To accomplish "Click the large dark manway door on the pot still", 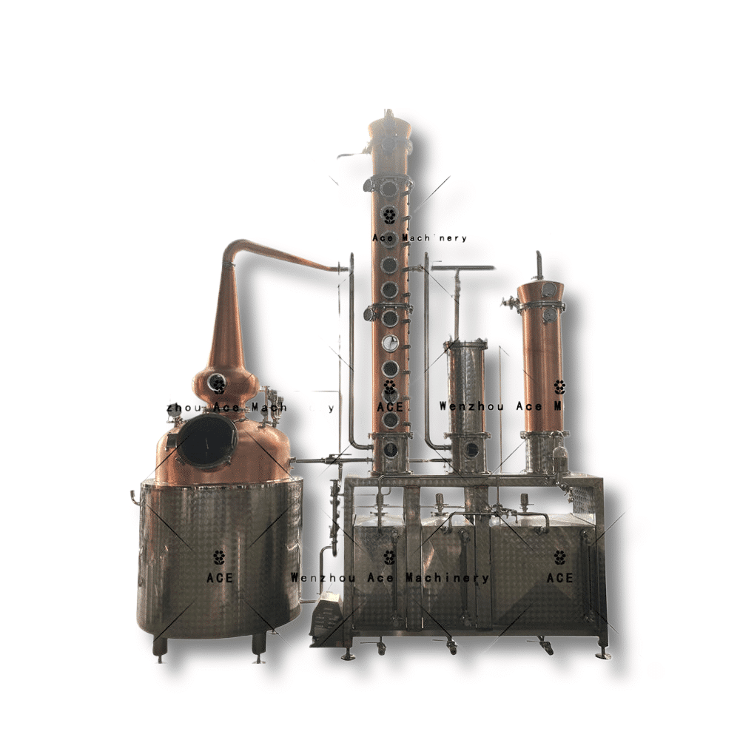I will [207, 441].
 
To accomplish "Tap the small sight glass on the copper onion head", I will [218, 383].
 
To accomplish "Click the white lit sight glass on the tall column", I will [389, 343].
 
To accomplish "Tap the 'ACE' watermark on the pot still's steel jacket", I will [219, 577].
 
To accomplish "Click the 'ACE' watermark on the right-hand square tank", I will [559, 577].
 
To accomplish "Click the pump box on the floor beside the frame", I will [326, 619].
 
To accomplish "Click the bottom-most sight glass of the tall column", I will [389, 447].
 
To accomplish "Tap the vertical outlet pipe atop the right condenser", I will [539, 265].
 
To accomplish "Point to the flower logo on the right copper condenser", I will [559, 387].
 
